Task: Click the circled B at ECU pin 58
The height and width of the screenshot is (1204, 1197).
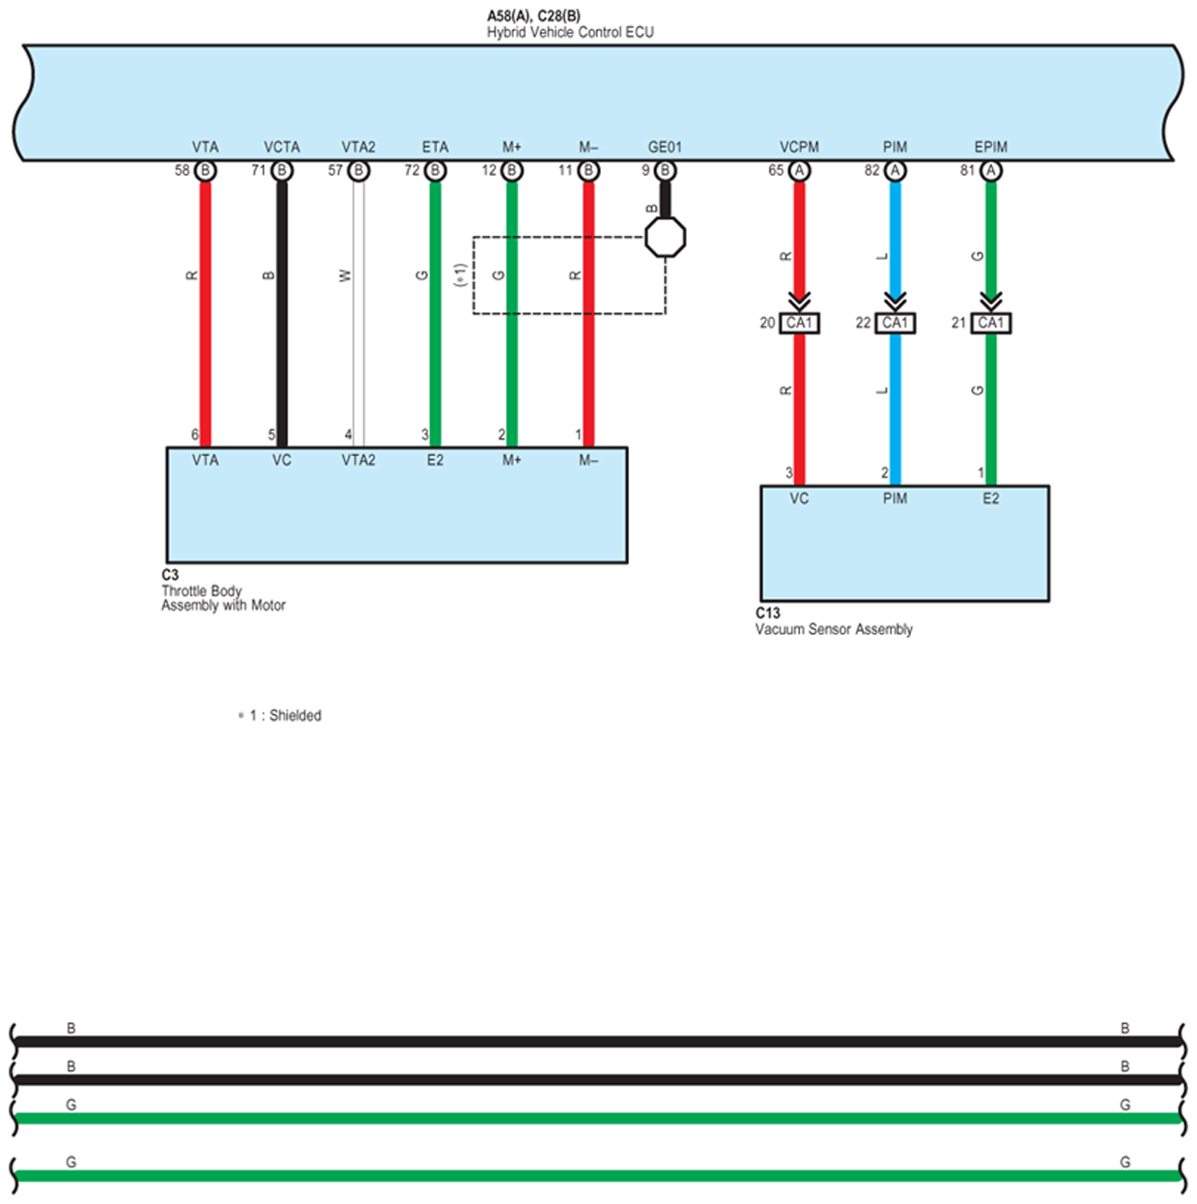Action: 205,171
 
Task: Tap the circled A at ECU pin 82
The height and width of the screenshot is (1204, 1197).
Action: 895,171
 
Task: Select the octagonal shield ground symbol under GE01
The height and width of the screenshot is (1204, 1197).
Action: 665,237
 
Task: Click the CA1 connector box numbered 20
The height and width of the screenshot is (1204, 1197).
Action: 799,323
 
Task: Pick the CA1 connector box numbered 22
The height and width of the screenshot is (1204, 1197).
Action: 895,323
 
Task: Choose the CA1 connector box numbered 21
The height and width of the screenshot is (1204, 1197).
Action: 990,323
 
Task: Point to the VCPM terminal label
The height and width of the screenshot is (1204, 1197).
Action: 799,147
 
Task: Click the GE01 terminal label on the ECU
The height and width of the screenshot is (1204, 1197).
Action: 665,147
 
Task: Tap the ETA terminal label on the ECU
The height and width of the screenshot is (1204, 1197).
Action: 435,147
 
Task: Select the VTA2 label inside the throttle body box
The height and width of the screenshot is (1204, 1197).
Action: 357,460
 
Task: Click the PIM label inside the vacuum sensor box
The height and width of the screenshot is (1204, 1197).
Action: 895,499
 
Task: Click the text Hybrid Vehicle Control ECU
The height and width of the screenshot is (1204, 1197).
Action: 570,32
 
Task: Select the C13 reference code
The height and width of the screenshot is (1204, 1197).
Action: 767,613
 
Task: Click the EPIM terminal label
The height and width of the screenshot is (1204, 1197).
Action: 990,147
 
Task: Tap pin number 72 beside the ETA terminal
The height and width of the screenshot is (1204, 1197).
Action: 412,170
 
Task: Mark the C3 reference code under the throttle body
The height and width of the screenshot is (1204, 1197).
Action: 170,575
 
